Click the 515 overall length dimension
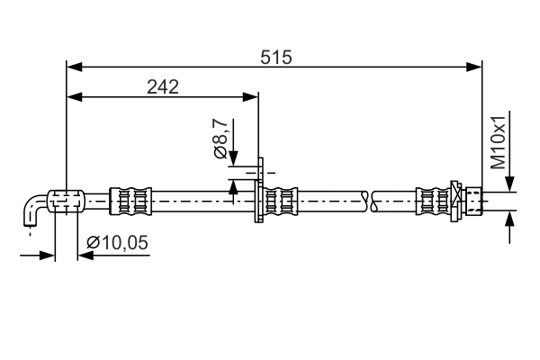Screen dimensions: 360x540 coord(276,57)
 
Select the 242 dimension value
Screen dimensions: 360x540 coord(163,86)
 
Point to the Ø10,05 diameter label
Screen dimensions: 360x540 coord(118,241)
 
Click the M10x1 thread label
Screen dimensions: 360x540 coord(499,141)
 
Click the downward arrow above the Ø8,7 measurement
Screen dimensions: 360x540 coord(233,158)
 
